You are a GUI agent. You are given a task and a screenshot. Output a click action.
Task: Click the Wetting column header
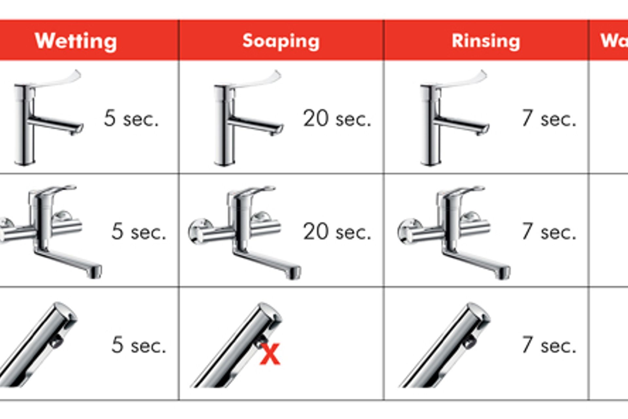76,41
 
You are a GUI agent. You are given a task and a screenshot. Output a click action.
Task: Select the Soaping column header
281,41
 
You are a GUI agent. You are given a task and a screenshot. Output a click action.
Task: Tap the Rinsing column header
486,41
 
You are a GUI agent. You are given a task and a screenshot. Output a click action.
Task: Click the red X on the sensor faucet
270,354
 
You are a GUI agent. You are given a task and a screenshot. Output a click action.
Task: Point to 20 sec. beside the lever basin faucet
337,118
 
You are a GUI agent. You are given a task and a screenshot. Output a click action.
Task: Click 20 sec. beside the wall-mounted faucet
337,232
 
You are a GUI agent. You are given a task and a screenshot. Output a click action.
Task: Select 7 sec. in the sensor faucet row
549,345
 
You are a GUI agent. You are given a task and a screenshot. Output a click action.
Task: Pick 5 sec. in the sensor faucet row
139,345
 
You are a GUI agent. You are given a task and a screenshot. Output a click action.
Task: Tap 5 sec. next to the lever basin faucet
131,118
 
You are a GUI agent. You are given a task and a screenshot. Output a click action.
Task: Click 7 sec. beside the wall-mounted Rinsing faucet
549,232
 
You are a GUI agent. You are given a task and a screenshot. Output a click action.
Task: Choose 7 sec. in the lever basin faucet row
549,118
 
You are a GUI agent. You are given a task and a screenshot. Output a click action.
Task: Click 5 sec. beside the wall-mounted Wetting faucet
139,232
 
